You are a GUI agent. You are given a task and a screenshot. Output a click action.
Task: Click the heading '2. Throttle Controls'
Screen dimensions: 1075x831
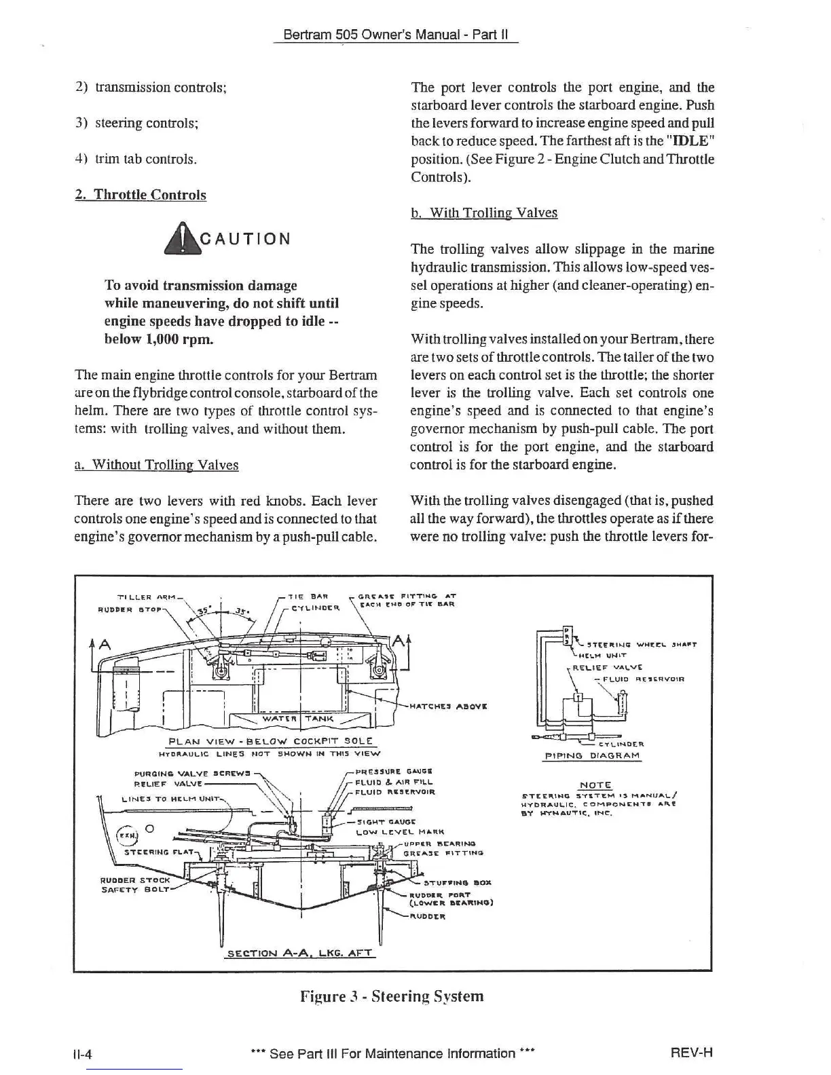[141, 195]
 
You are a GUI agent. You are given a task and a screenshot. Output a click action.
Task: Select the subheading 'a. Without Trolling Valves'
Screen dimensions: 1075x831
[156, 465]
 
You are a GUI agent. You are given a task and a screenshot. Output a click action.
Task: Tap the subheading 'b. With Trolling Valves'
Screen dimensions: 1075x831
[484, 213]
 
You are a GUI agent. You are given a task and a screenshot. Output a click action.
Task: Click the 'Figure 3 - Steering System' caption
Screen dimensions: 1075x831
[392, 996]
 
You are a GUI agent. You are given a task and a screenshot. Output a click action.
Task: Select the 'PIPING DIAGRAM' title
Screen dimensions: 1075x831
[592, 755]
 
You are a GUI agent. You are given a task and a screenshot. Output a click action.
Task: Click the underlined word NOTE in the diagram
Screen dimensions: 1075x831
[595, 785]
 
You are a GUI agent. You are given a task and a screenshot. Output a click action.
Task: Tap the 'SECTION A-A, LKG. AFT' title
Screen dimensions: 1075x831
[299, 953]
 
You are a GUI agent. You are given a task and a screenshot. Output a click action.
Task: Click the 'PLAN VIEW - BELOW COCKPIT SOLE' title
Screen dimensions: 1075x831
[272, 740]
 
